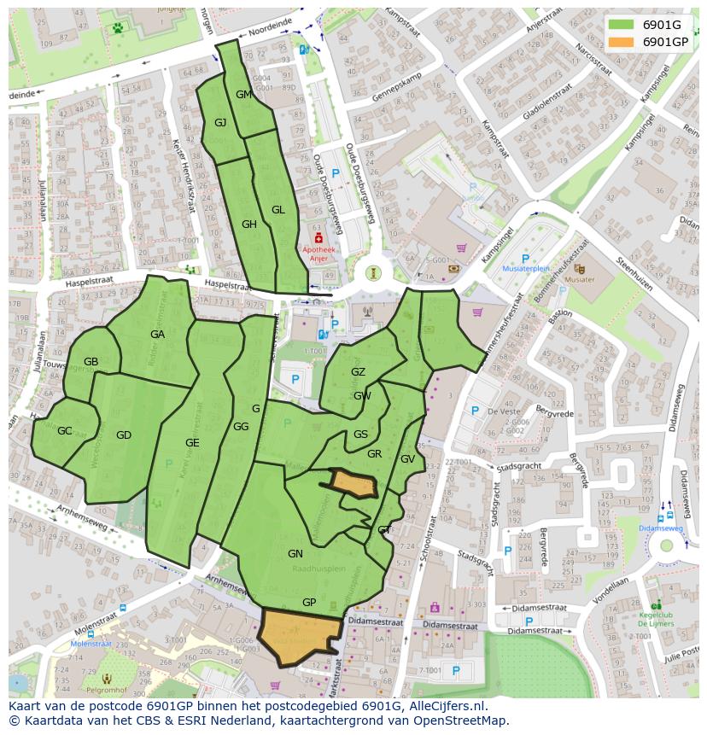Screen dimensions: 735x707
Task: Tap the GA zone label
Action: pyautogui.click(x=157, y=335)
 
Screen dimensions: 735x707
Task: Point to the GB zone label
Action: pyautogui.click(x=91, y=362)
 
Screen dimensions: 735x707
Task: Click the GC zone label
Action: pyautogui.click(x=65, y=431)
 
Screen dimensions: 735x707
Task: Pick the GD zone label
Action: pyautogui.click(x=124, y=435)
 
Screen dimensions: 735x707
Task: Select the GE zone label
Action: pyautogui.click(x=192, y=443)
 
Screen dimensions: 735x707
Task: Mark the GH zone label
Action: pyautogui.click(x=249, y=225)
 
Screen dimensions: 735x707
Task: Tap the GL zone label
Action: pyautogui.click(x=278, y=210)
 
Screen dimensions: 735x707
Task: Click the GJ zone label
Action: pyautogui.click(x=220, y=123)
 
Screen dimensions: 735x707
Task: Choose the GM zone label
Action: pyautogui.click(x=243, y=95)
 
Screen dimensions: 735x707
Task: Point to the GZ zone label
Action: pyautogui.click(x=358, y=372)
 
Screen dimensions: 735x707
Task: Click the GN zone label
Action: pyautogui.click(x=295, y=554)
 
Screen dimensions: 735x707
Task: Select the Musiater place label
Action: pyautogui.click(x=580, y=279)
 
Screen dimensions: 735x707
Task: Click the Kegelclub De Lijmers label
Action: pyautogui.click(x=656, y=618)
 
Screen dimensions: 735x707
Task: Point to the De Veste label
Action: pyautogui.click(x=503, y=411)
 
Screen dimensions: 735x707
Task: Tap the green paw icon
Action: pyautogui.click(x=117, y=27)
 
